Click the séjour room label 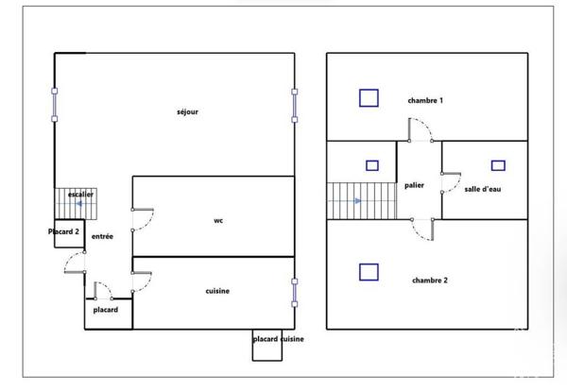coord(187,112)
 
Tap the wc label coord(218,220)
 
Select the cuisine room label coord(217,291)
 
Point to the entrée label coord(102,236)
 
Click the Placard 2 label coord(63,231)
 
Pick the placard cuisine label coord(278,339)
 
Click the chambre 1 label coord(425,100)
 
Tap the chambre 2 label coord(430,280)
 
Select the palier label coord(414,185)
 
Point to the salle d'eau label coord(483,189)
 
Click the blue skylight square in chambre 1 coord(369,98)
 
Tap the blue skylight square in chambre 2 coord(369,272)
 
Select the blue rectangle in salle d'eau coord(498,165)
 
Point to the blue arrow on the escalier coord(78,204)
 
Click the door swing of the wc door coord(149,221)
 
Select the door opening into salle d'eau coord(455,184)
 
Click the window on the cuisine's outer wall coord(294,293)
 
